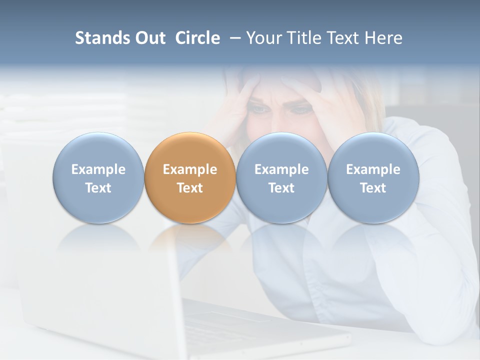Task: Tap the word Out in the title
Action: (148, 38)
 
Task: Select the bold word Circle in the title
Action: (197, 38)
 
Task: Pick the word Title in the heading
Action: (304, 38)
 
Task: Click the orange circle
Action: (190, 177)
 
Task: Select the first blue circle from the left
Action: (98, 177)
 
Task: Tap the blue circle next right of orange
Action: (281, 177)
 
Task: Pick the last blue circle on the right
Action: (373, 177)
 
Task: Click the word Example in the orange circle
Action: (190, 169)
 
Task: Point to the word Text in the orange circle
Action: (190, 188)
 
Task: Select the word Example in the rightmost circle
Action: (373, 169)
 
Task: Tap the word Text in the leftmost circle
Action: (98, 188)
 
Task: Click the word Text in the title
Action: (345, 38)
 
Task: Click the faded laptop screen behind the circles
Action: (95, 280)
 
